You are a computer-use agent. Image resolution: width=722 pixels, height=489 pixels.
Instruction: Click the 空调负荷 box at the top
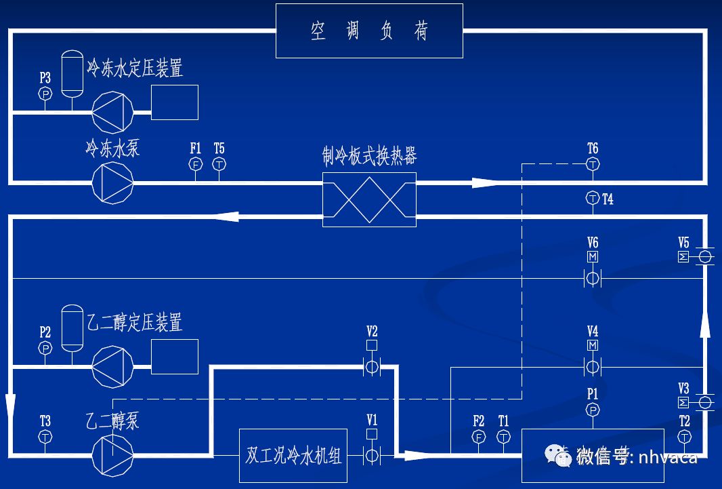point(370,31)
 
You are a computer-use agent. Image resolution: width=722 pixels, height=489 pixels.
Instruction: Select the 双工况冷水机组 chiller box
point(293,455)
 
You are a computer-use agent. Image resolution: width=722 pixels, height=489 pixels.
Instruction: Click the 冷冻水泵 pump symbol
point(112,182)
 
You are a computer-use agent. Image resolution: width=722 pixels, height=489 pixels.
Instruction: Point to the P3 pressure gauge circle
point(45,94)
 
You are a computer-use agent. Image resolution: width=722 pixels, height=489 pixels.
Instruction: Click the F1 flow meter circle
point(196,164)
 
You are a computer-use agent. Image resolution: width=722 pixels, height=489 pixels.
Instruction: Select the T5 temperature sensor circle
point(219,164)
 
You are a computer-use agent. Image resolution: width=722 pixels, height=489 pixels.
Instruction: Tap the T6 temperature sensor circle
point(593,164)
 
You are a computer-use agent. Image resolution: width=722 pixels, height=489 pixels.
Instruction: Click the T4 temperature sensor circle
point(593,198)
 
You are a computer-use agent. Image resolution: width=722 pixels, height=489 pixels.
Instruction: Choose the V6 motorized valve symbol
point(593,278)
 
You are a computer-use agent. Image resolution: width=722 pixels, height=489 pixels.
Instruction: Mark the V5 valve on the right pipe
point(704,257)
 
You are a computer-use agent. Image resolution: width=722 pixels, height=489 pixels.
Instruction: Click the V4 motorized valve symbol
point(593,367)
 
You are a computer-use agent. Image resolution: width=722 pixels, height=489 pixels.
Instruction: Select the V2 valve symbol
point(371,367)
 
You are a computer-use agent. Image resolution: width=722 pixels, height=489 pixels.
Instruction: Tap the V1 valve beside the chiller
point(371,455)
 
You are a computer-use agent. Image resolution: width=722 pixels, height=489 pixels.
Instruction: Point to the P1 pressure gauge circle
point(593,410)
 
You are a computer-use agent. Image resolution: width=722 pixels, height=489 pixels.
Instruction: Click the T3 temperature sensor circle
point(45,437)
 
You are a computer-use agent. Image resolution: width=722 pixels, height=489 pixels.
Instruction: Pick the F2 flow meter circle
point(479,437)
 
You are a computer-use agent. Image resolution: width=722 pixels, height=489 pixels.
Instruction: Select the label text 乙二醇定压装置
point(135,321)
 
